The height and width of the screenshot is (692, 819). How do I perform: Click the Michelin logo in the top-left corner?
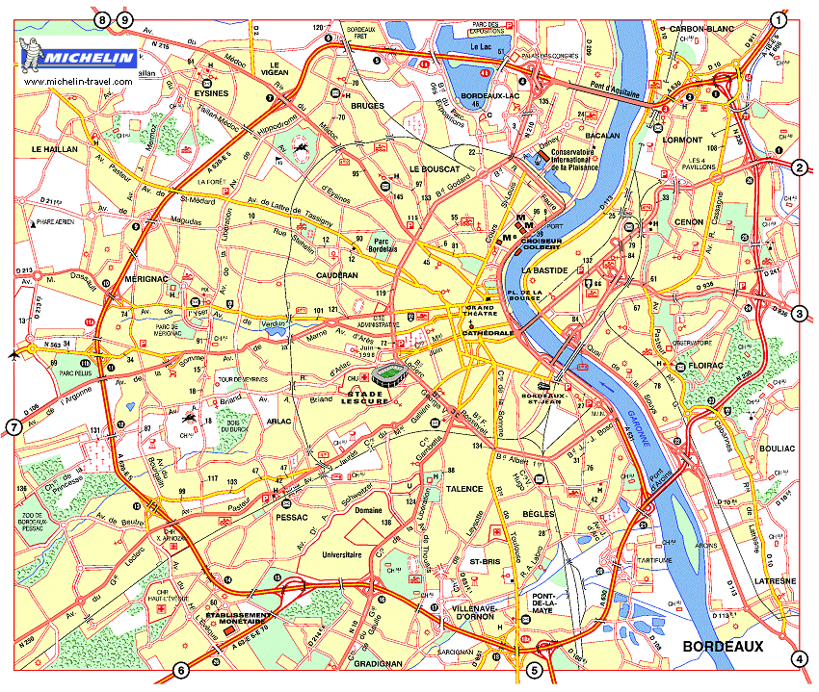click(x=78, y=57)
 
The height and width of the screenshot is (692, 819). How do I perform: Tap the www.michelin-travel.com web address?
click(x=78, y=82)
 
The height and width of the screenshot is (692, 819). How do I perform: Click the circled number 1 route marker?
click(x=779, y=19)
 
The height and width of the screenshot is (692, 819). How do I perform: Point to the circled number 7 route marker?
click(x=13, y=427)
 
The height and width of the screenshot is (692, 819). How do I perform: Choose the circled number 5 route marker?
click(x=535, y=671)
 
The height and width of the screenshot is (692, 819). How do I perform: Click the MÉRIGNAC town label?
click(x=147, y=278)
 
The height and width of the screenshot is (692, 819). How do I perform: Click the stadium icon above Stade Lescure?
click(x=390, y=374)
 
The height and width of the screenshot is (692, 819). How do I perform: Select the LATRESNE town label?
click(x=776, y=581)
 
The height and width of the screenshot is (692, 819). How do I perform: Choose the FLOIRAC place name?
click(x=707, y=366)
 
